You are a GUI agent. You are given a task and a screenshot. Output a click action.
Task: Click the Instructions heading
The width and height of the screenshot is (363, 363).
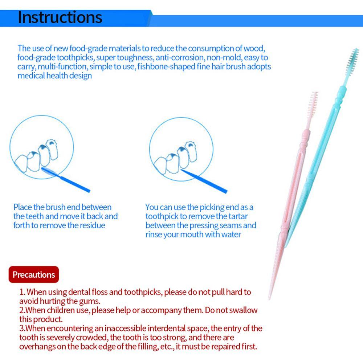click(x=60, y=17)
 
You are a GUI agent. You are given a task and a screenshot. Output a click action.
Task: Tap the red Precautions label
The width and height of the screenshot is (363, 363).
click(x=34, y=274)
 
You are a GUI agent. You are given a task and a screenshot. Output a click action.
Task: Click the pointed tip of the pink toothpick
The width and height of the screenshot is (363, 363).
click(x=270, y=297)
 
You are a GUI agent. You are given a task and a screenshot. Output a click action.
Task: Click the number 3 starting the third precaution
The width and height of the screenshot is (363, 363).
click(x=21, y=329)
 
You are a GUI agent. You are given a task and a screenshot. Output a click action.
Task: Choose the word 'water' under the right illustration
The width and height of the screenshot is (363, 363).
click(x=230, y=234)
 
